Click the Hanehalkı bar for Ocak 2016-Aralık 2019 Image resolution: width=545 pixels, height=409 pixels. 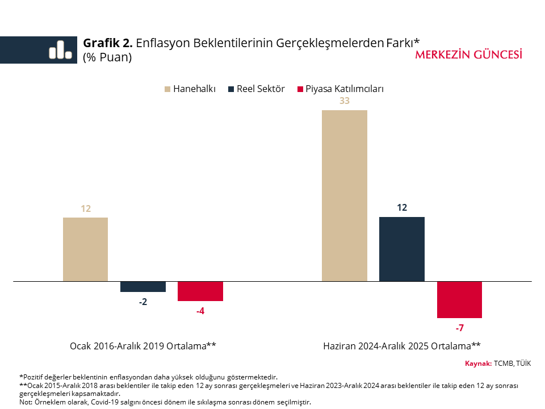(85, 249)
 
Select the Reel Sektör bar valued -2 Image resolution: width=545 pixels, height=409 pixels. (143, 287)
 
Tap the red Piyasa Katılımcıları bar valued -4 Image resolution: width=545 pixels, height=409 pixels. (200, 291)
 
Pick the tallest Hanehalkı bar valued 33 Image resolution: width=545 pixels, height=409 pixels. (345, 195)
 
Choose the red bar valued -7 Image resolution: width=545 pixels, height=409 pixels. (459, 299)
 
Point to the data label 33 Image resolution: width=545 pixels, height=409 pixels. (344, 101)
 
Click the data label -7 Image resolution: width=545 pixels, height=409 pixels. (459, 328)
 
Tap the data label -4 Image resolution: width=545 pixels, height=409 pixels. (200, 311)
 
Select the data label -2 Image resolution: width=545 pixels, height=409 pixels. (143, 302)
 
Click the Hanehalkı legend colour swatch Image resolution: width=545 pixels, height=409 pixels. (167, 89)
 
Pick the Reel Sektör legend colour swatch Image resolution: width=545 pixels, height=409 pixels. (230, 89)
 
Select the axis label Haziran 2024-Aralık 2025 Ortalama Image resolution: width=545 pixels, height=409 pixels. (402, 346)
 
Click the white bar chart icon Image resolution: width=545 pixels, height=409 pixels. (60, 50)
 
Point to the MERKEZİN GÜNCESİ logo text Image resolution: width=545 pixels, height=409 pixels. (469, 55)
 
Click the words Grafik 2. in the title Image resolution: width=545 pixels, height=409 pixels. (108, 43)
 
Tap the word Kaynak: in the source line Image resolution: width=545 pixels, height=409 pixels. (478, 364)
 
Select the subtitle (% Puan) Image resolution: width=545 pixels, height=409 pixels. (107, 57)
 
